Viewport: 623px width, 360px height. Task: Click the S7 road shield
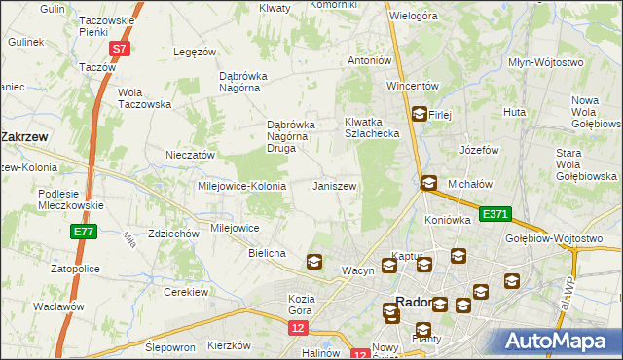[119, 48]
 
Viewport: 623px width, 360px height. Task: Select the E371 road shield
[493, 214]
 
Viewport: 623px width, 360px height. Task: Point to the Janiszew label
[334, 185]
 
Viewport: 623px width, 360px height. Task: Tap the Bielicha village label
[267, 253]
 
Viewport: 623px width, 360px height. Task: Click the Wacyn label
[357, 270]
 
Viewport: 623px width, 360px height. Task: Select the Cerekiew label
[188, 292]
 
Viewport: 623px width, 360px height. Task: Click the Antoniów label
[370, 60]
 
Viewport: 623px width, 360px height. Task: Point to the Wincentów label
[414, 86]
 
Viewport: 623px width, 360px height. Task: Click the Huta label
[514, 113]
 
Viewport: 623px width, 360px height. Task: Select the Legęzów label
[193, 52]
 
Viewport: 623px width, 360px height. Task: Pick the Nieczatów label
[190, 155]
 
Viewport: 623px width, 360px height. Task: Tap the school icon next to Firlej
[419, 114]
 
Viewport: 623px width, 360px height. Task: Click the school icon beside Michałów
[428, 183]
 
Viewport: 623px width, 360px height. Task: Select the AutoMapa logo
[559, 341]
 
